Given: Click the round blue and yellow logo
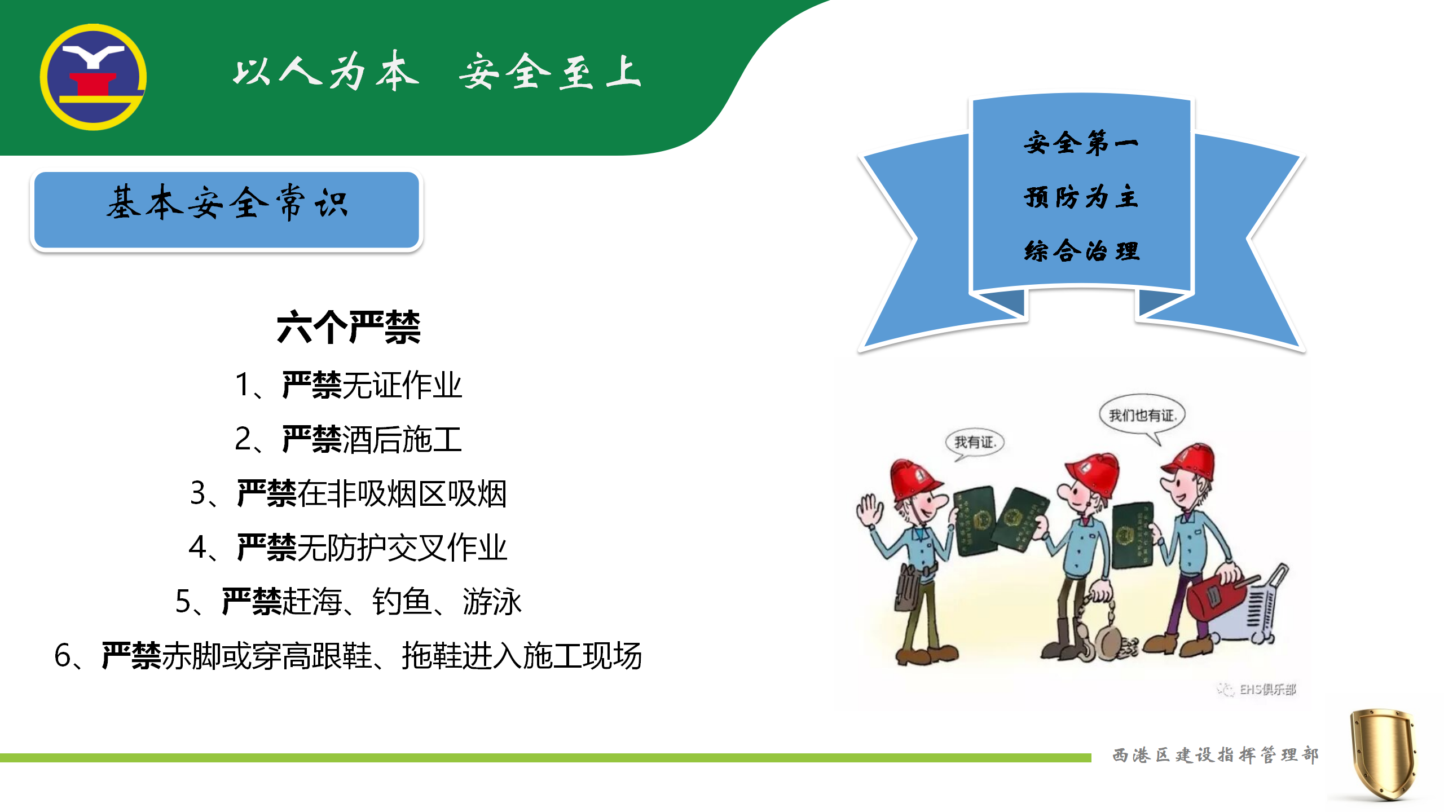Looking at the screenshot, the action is click(x=93, y=77).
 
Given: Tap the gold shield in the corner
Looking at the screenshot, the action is click(x=1383, y=754).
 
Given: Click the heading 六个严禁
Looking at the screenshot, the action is click(x=349, y=327).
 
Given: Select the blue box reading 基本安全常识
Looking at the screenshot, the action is click(x=226, y=210).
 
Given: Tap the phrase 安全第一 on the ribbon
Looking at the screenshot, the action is click(x=1081, y=143).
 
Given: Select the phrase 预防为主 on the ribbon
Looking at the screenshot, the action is click(x=1081, y=197).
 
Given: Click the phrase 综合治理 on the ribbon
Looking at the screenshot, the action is click(x=1081, y=251).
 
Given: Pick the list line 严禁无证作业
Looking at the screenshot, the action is click(x=349, y=385).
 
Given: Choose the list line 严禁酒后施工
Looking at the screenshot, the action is click(x=349, y=439).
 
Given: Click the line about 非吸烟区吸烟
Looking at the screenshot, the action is click(x=349, y=493).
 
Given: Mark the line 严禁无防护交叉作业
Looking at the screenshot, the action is click(x=349, y=548).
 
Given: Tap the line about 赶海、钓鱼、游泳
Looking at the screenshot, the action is click(x=349, y=602).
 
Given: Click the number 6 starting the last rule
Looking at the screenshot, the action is click(x=62, y=656).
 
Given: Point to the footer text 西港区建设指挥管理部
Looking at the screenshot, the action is click(x=1216, y=755).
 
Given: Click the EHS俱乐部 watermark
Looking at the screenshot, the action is click(x=1257, y=689).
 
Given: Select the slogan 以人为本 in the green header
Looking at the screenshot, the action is click(x=326, y=72).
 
